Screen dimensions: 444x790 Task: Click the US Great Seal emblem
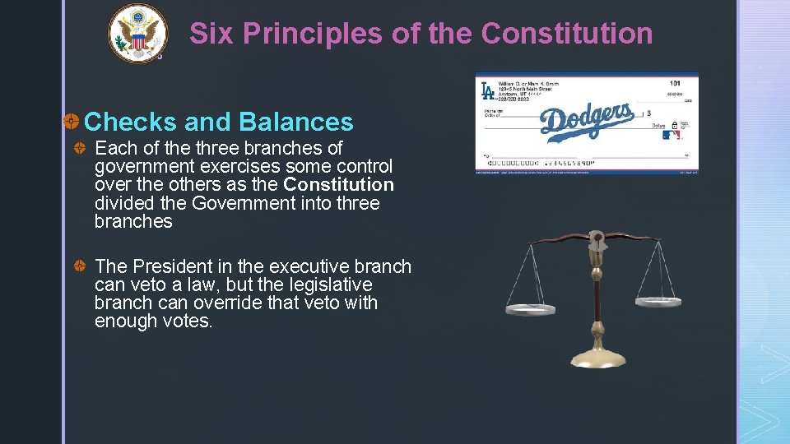137,34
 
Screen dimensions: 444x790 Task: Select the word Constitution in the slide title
566,34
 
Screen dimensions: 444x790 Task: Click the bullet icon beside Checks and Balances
72,123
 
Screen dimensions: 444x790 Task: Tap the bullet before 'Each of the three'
81,149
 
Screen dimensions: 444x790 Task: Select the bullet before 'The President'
81,267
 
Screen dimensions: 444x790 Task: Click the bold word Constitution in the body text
338,185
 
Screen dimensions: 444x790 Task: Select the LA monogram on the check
487,90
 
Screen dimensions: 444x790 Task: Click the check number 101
675,82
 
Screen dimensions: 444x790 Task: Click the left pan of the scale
530,309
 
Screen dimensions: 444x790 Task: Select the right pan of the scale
658,301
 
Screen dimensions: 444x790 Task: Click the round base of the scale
597,358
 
